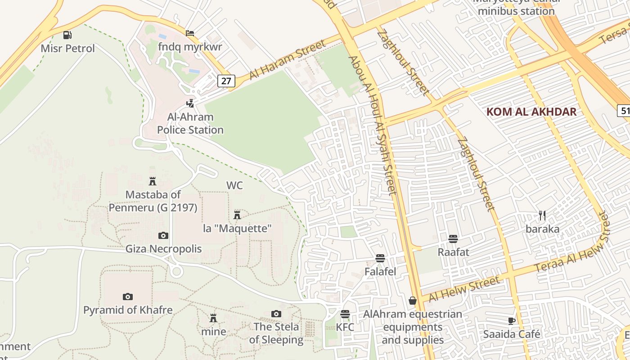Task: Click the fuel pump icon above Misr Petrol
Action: pos(67,35)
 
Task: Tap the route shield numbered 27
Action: pos(226,81)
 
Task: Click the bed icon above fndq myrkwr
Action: pos(190,33)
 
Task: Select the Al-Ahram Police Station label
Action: pos(190,123)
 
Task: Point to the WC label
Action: pos(234,185)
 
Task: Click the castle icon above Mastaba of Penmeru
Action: pos(153,181)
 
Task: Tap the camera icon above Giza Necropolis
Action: pos(163,235)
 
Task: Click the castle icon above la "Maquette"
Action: pos(237,215)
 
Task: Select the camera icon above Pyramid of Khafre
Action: pos(128,297)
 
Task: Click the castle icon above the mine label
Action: pos(213,318)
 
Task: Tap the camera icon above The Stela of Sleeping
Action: pos(276,314)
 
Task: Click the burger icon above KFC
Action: pos(345,314)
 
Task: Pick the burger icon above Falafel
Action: pos(380,258)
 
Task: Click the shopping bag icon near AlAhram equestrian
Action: pos(412,301)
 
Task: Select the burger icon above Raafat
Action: pos(453,238)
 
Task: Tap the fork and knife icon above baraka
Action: pos(542,216)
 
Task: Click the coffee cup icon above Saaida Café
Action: pos(511,321)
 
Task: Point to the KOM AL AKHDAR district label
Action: pos(531,112)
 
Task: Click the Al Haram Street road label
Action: pos(287,60)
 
